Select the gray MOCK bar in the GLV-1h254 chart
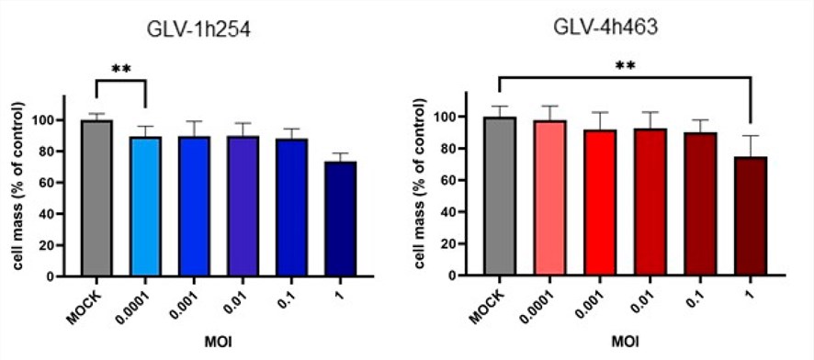click(96, 197)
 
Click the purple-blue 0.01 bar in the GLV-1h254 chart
click(243, 206)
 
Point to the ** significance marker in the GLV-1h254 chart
click(120, 70)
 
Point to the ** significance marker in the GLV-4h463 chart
click(625, 66)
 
